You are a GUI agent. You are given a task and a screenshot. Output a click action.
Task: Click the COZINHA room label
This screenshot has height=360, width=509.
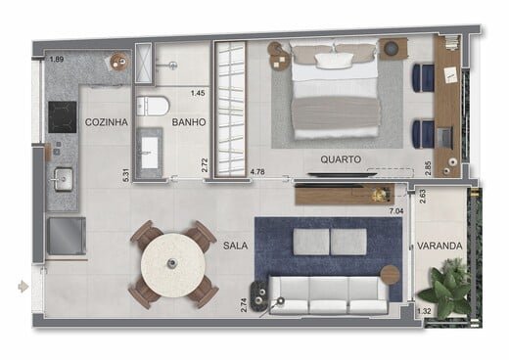click(107, 122)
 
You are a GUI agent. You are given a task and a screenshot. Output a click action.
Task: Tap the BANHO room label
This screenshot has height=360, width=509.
click(189, 122)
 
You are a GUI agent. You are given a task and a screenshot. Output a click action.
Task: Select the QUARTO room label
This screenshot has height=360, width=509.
click(341, 159)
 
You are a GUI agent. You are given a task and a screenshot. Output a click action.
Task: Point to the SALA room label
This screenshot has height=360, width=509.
click(235, 246)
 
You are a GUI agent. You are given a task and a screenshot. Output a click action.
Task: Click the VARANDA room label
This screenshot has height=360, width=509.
click(440, 246)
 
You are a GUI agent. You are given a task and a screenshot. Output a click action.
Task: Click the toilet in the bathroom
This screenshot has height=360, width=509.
click(153, 106)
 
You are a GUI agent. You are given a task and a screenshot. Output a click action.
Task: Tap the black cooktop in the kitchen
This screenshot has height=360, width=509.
click(63, 116)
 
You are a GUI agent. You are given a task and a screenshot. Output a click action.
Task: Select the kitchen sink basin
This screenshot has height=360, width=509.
click(64, 179)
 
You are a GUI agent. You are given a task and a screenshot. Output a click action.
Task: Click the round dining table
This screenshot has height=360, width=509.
click(173, 265)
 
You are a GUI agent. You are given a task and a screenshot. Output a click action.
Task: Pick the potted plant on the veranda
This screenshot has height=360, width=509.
click(447, 288)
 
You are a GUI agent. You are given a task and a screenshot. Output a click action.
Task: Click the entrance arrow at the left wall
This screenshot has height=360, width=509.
click(23, 287)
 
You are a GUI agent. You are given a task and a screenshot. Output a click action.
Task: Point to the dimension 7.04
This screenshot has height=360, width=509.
click(396, 211)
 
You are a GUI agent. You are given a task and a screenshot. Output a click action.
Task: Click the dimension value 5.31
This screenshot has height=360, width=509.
click(126, 175)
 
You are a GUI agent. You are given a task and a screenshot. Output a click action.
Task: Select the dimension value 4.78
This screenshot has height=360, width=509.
click(257, 171)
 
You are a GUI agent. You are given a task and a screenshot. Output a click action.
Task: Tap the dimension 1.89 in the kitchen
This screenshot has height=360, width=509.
click(57, 60)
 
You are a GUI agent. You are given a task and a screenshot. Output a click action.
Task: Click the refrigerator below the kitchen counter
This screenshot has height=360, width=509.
click(67, 236)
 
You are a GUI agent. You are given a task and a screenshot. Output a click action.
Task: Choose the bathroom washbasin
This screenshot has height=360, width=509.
click(150, 153)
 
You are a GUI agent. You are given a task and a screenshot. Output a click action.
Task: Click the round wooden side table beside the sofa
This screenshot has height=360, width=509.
click(390, 275)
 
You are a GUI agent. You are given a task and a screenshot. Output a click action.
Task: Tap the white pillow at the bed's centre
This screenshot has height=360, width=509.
click(335, 61)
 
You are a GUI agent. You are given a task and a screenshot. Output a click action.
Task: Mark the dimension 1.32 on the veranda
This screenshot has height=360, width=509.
click(424, 311)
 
